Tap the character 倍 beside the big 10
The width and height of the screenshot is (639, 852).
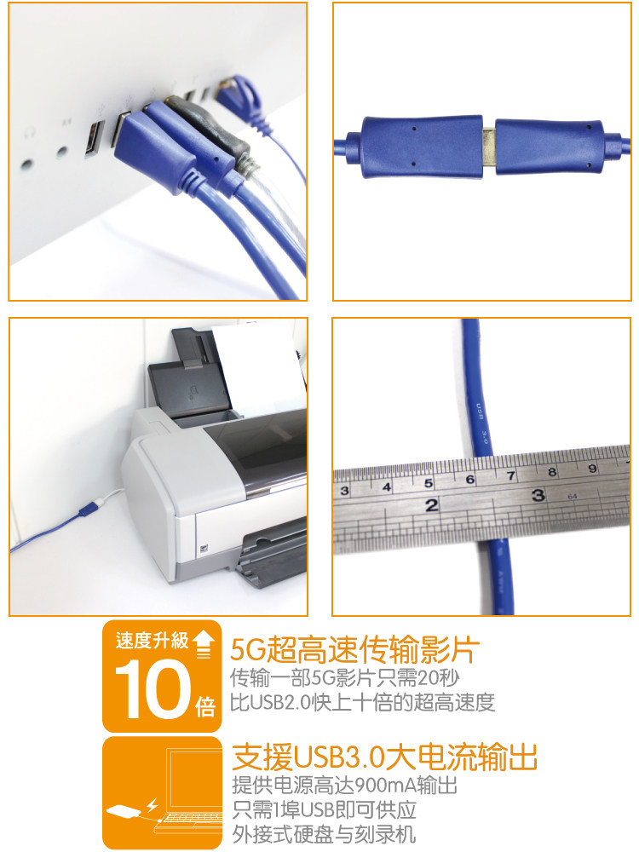pos(205,706)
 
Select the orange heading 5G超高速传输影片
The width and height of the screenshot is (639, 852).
pos(355,650)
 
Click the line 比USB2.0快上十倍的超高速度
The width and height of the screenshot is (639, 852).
pos(363,702)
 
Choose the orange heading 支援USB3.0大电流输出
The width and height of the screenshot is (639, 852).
pos(384,757)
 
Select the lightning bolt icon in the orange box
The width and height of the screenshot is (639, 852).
pos(153,804)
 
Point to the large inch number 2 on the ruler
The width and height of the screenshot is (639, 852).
pos(432,505)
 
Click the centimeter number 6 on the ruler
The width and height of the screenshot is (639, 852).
pos(469,480)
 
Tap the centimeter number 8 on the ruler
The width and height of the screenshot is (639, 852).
pos(552,472)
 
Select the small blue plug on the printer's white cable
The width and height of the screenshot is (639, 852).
pos(84,510)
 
